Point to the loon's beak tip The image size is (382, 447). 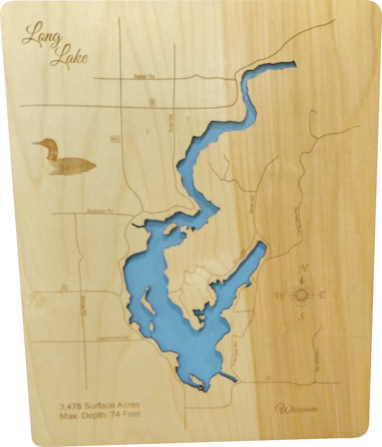coord(33,144)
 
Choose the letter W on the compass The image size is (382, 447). coord(280,296)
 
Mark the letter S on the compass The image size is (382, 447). coord(302,317)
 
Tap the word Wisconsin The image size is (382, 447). coord(297,409)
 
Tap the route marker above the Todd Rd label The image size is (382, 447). coord(152,103)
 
